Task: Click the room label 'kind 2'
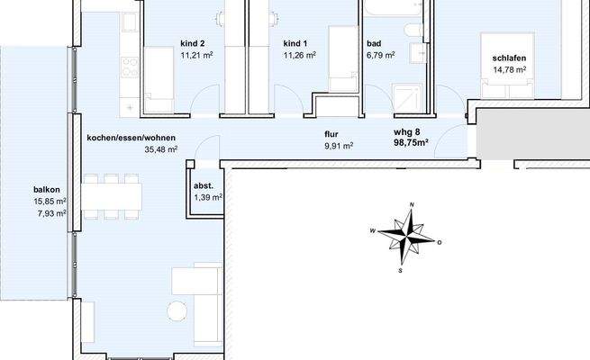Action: click(193, 43)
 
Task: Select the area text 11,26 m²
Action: click(299, 55)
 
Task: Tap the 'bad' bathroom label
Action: click(375, 43)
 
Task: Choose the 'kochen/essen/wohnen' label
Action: click(132, 138)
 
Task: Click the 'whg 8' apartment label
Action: click(406, 131)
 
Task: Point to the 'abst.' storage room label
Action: click(204, 185)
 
